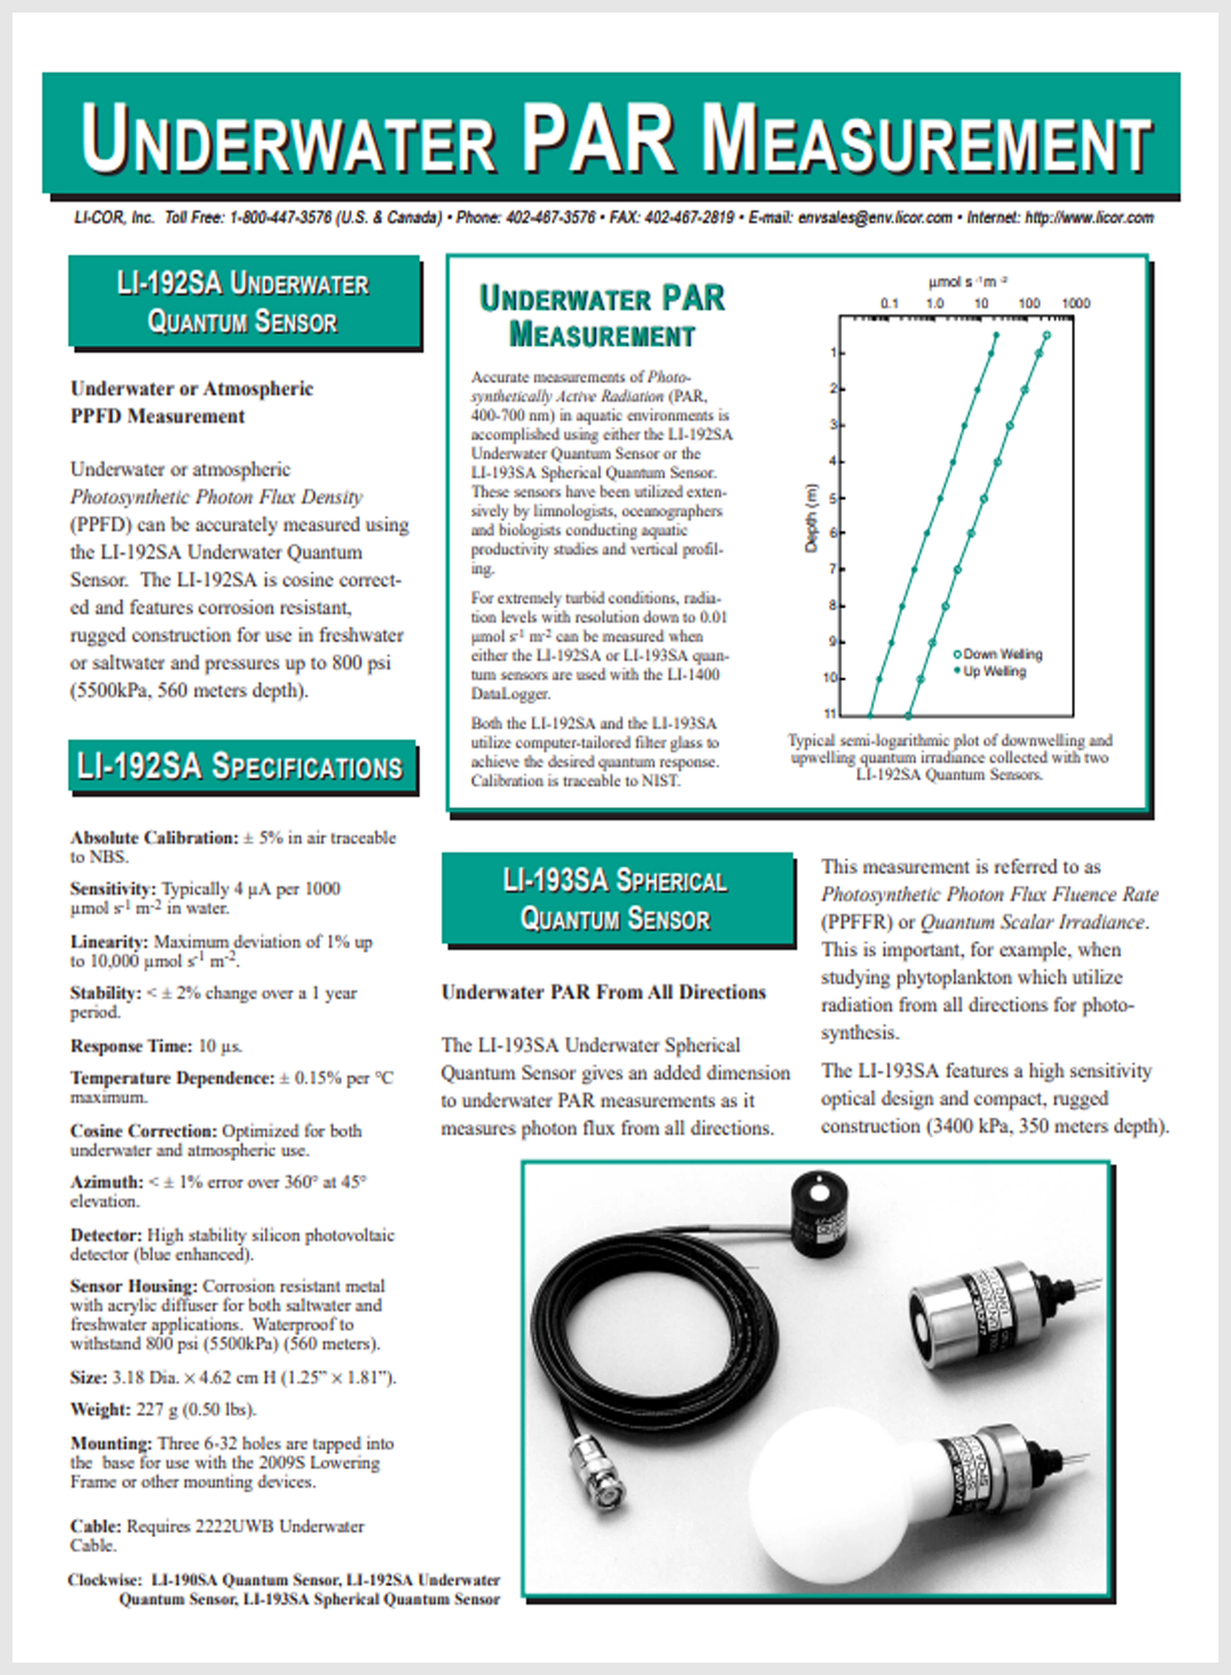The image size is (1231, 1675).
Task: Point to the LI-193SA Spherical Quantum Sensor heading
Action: tap(615, 899)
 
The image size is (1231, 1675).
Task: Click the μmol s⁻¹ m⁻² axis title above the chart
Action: tap(967, 282)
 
